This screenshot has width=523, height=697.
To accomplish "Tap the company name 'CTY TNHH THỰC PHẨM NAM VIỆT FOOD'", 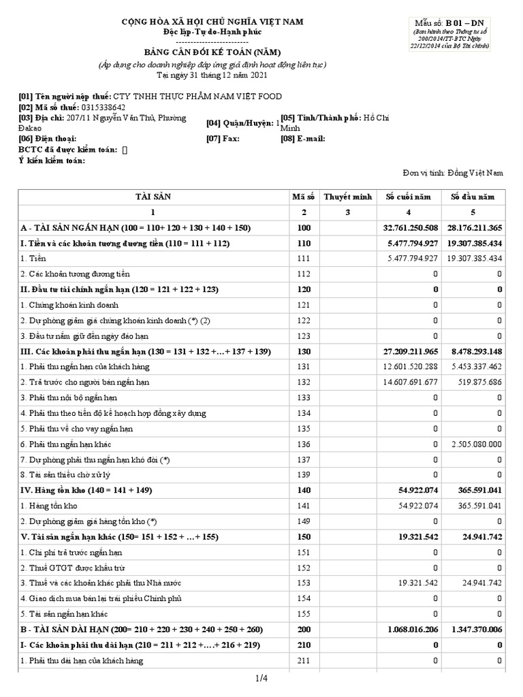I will [x=197, y=97].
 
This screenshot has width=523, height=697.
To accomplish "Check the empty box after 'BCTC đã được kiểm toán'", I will [x=125, y=149].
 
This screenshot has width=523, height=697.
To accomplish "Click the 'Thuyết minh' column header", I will [x=347, y=197].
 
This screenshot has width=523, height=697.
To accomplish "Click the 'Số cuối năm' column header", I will [x=409, y=197].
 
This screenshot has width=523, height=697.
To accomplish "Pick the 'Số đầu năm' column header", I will [x=473, y=197].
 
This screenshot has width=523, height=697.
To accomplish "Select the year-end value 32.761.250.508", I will [x=411, y=227].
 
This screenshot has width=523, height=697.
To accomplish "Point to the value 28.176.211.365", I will [x=475, y=227].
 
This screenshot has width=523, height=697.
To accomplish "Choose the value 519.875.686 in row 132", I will [x=476, y=382].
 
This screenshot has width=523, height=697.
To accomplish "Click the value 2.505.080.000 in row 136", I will [x=476, y=444].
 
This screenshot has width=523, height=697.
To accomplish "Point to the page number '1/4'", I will [x=261, y=678].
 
